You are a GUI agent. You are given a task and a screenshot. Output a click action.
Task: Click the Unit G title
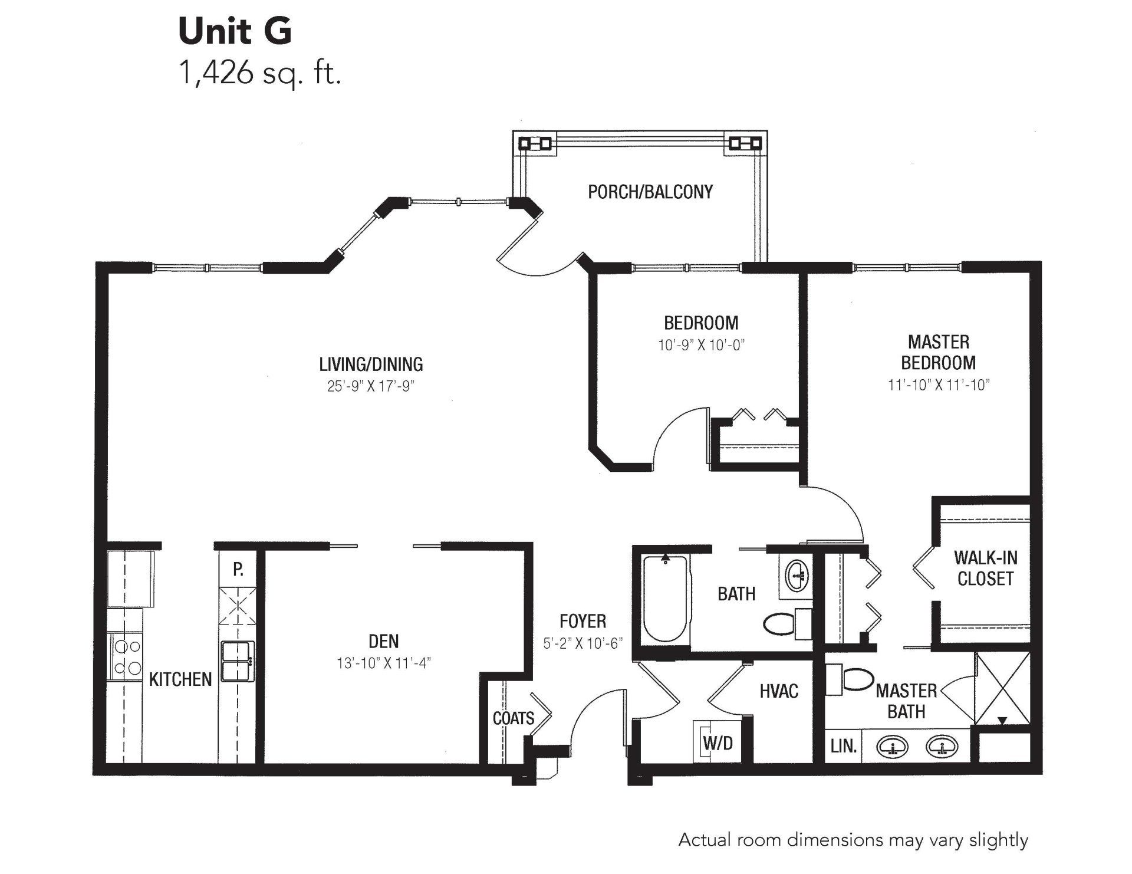(235, 31)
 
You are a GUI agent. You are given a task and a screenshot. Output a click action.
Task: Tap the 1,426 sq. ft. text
(260, 75)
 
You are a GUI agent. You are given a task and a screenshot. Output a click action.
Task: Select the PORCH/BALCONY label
(650, 192)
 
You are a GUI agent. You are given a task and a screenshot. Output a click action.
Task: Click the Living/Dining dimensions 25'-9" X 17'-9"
(371, 386)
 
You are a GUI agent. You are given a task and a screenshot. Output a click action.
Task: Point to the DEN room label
(384, 641)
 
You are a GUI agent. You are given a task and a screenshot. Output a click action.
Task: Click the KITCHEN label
(180, 679)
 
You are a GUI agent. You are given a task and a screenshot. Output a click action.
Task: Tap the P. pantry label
(238, 569)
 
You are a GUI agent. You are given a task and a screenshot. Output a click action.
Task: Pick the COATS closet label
(514, 718)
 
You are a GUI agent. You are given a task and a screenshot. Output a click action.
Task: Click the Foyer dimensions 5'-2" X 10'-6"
(583, 643)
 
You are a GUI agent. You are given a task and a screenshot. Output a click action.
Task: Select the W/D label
(718, 743)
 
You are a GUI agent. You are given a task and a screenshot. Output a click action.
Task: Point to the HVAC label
(779, 691)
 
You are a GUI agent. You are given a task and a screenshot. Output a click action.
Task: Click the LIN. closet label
(843, 746)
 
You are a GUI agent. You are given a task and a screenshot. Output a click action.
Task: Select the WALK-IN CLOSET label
(985, 568)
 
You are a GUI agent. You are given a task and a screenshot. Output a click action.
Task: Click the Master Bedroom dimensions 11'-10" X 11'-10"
(939, 385)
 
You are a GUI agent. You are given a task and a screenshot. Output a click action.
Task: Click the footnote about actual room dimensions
(853, 840)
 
